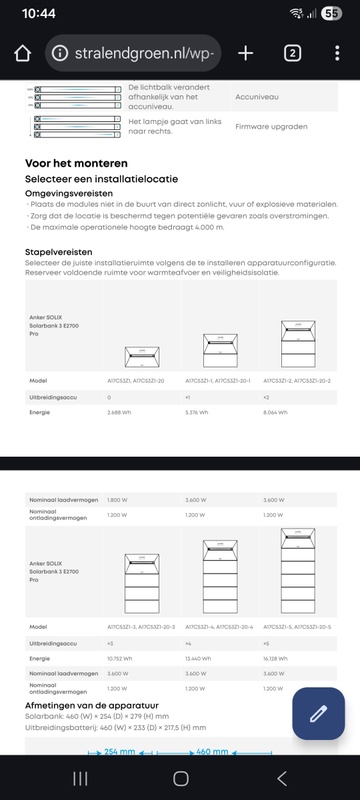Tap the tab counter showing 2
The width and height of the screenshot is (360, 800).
tap(292, 53)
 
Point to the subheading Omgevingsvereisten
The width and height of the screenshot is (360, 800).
tap(69, 193)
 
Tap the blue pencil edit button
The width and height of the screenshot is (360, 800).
tap(319, 713)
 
